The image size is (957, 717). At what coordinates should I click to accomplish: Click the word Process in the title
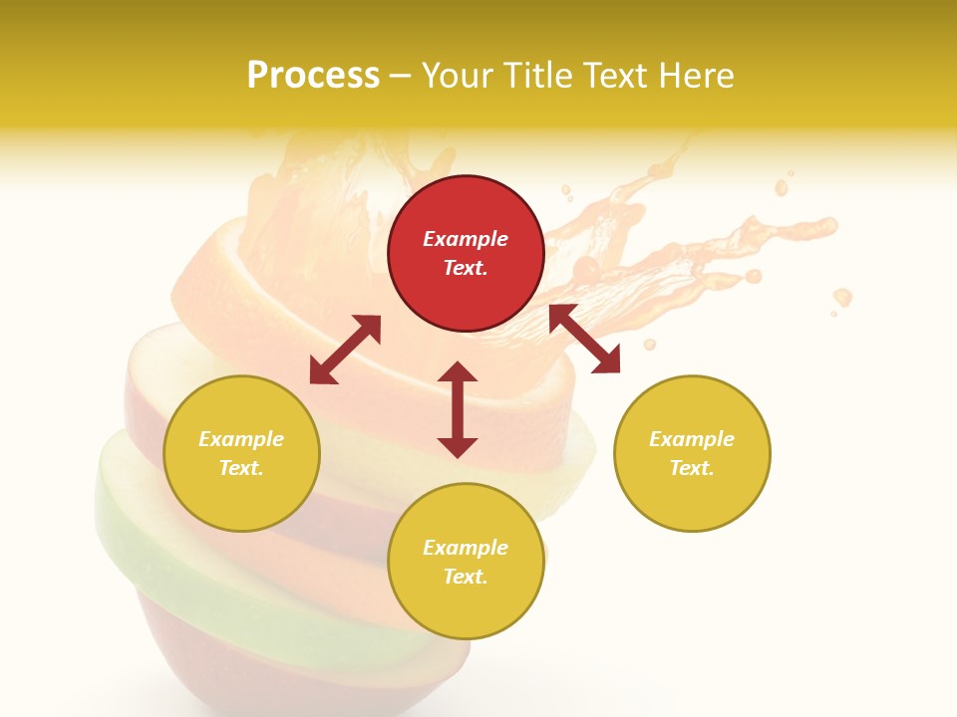[313, 76]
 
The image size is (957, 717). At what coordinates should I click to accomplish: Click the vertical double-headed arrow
[458, 409]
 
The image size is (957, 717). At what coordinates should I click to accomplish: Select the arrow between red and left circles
[345, 350]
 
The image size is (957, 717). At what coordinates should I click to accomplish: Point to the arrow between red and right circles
[584, 339]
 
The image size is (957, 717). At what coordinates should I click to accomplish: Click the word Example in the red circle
[466, 239]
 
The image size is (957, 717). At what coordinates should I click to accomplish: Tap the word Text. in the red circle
[466, 268]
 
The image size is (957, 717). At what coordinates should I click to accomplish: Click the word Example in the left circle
[241, 439]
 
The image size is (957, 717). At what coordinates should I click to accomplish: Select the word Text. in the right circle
[692, 468]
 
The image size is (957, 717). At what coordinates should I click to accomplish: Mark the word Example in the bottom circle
[466, 548]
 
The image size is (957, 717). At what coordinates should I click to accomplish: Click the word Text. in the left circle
[241, 468]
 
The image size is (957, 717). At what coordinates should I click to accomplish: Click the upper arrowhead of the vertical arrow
[458, 372]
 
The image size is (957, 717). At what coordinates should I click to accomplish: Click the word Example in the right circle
[692, 439]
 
